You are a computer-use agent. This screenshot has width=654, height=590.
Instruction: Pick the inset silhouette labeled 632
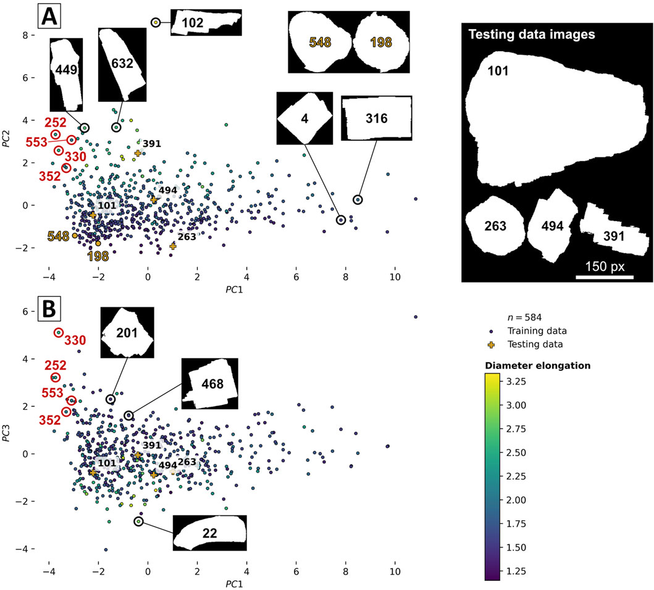tap(122, 64)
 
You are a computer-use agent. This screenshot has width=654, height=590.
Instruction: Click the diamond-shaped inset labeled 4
tap(304, 118)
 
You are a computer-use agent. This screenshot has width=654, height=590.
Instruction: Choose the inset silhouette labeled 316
tap(375, 118)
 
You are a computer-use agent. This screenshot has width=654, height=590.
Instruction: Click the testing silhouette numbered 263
tap(495, 226)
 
